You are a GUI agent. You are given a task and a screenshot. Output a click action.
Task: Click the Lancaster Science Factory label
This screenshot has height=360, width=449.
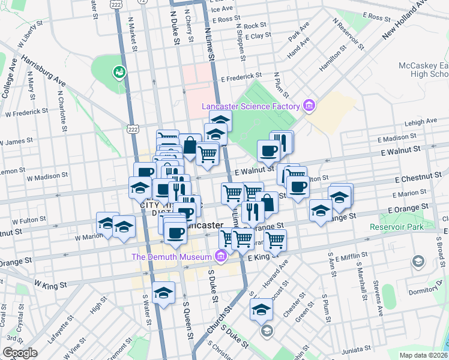250,107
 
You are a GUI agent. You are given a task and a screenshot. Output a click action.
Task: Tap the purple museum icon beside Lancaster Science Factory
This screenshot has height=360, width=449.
309,107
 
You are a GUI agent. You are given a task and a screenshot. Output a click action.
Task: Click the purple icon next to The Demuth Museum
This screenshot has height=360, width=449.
220,257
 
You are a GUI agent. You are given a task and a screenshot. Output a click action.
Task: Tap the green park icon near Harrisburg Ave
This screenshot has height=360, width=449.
119,73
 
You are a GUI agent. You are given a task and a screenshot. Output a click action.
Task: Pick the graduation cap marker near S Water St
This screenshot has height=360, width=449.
163,293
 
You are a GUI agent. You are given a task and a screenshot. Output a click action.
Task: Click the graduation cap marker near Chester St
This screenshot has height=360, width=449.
261,310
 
